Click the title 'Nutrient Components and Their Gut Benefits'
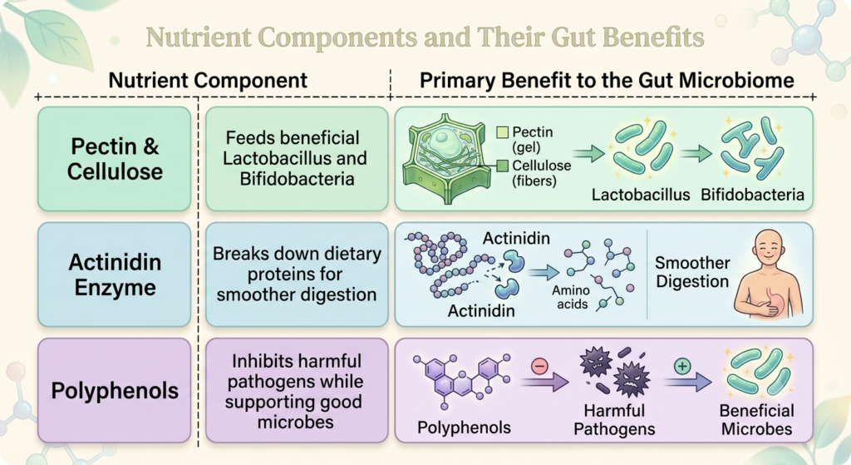[x=425, y=37]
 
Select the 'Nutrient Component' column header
[x=208, y=81]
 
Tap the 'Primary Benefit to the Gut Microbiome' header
[x=607, y=81]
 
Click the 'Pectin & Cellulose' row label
[x=115, y=159]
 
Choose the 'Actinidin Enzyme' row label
[x=115, y=275]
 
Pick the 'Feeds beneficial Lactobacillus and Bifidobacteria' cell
[x=297, y=159]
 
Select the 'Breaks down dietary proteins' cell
[x=297, y=275]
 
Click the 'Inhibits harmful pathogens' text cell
[x=297, y=391]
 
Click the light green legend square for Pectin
[x=503, y=132]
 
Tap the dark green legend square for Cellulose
[x=503, y=166]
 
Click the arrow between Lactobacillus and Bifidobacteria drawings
[x=696, y=154]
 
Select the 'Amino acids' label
[x=572, y=297]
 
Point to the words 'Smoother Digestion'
[x=692, y=272]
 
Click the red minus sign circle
[x=539, y=366]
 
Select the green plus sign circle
[x=682, y=366]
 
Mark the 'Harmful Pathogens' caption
[x=614, y=419]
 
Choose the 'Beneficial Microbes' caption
[x=756, y=419]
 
